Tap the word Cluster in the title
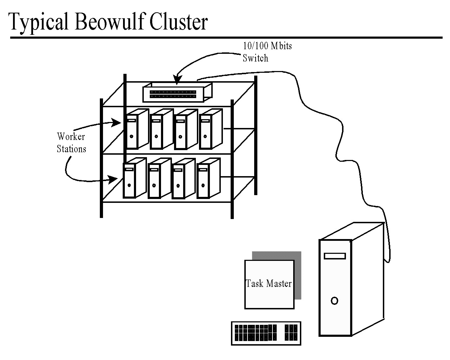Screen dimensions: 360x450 [x=179, y=22]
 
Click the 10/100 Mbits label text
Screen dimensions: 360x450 [x=267, y=46]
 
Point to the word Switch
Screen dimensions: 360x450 [x=256, y=58]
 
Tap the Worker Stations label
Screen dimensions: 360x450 [x=71, y=143]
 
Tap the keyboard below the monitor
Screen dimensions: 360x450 [x=266, y=333]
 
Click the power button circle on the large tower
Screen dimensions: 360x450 [x=334, y=301]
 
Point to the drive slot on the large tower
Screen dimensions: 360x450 [x=335, y=256]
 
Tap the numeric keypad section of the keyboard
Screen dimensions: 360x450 [x=291, y=333]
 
